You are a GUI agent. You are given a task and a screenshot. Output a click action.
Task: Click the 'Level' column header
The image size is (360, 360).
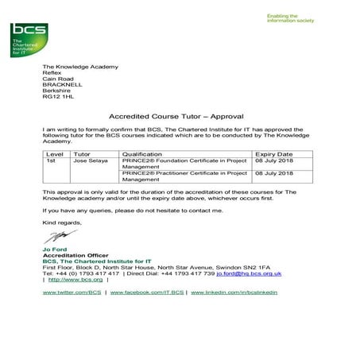[x=55, y=153]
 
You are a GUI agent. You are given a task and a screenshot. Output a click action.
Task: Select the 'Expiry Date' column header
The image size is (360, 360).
[x=275, y=153]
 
